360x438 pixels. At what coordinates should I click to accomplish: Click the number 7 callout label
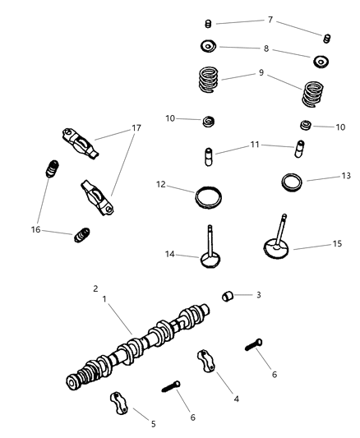(269, 18)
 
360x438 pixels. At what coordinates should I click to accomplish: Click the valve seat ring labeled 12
(209, 197)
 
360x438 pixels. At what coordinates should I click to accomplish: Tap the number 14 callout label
(169, 256)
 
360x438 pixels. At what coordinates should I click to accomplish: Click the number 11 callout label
(256, 145)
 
